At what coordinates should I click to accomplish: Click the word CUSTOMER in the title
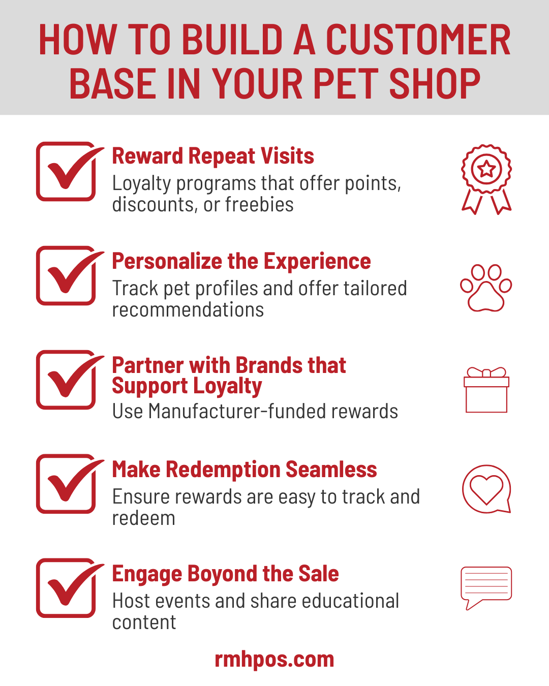[418, 40]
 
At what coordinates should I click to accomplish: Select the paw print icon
[486, 288]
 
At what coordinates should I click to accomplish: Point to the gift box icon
[486, 390]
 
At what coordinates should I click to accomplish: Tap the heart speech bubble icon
[486, 489]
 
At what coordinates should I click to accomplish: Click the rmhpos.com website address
[274, 659]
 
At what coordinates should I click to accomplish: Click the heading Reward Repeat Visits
[213, 156]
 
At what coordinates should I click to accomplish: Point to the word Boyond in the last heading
[223, 574]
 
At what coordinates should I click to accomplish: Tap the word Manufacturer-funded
[238, 411]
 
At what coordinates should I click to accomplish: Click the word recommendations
[188, 309]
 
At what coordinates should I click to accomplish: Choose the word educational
[350, 601]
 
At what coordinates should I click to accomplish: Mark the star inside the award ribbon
[486, 169]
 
